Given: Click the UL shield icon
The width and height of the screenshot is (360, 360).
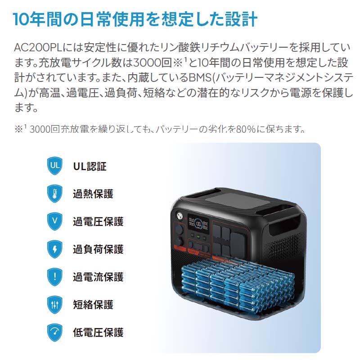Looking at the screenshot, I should click(55, 166).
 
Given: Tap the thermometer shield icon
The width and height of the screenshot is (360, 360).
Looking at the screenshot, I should click(55, 194).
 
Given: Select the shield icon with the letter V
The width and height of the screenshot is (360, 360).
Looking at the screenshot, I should click(55, 221).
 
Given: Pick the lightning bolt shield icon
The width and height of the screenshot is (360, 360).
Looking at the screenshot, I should click(55, 249).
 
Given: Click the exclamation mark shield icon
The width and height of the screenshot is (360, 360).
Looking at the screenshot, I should click(55, 277).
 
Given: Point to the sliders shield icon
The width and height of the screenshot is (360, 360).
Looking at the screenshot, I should click(55, 305).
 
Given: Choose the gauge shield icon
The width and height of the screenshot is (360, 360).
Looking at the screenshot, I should click(55, 333).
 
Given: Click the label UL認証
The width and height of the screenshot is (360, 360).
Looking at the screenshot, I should click(90, 166).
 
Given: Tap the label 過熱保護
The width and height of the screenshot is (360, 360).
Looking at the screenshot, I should click(93, 194).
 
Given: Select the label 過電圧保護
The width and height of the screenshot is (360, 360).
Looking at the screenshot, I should click(98, 221).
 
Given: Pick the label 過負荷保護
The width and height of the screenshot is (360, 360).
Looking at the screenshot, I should click(98, 249).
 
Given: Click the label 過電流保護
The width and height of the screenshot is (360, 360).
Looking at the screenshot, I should click(98, 277).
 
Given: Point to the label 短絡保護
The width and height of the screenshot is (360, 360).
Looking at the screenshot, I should click(93, 305).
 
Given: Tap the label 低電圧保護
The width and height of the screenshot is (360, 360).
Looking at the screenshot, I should click(98, 333).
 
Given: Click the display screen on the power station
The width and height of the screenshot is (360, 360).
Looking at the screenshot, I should click(198, 223).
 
